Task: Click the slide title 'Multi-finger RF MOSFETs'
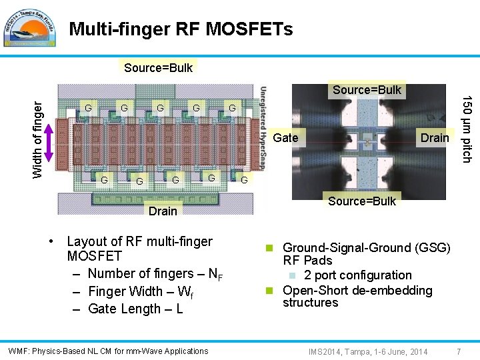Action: point(181,29)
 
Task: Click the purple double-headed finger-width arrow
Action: point(47,141)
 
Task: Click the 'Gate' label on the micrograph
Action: point(285,138)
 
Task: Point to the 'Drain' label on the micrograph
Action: point(435,138)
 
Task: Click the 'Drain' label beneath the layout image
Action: point(163,211)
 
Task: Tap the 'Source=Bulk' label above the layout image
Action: point(158,67)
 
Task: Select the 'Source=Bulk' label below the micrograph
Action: point(362,201)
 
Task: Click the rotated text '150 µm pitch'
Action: point(468,129)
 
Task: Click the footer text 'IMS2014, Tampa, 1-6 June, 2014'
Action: point(368,351)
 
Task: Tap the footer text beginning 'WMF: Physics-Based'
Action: point(108,351)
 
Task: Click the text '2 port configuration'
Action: point(357,275)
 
